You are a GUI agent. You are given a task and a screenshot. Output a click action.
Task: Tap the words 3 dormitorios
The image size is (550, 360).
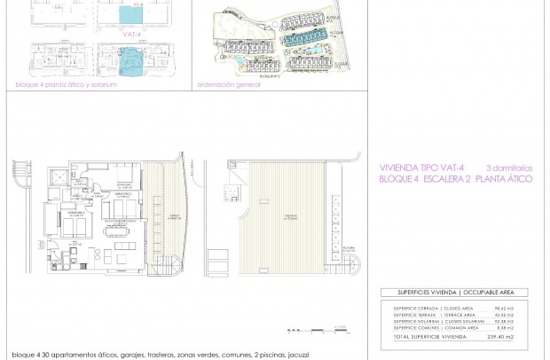click(x=508, y=167)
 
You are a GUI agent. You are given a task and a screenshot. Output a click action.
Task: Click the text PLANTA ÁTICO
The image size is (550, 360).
click(x=505, y=178)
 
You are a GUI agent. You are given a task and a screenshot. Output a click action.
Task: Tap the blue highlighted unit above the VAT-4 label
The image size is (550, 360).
click(x=130, y=15)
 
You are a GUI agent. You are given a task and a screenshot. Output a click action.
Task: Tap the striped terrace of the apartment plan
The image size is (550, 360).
click(x=163, y=213)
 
